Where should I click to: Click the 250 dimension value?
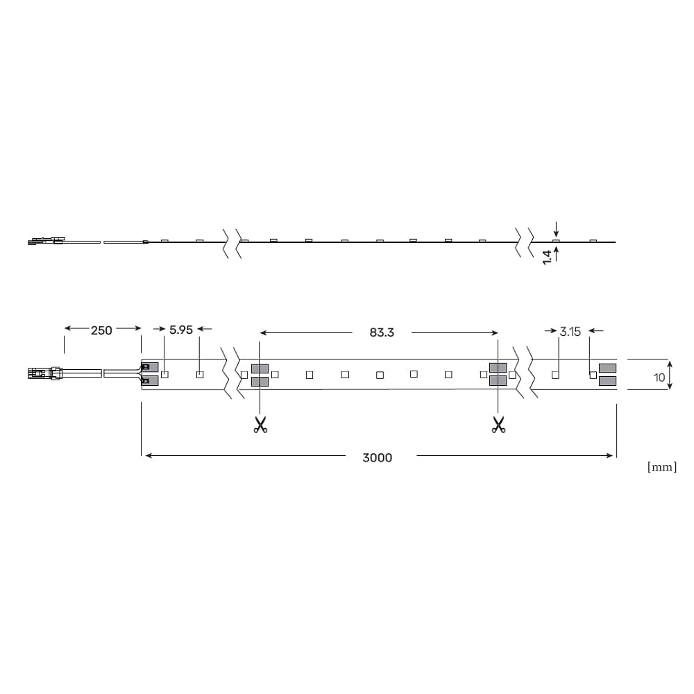(x=101, y=330)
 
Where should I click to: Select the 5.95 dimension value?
(x=181, y=330)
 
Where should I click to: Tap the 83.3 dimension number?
(x=382, y=332)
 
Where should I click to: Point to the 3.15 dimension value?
(x=570, y=332)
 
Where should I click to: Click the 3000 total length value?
(x=377, y=457)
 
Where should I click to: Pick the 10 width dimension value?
(x=659, y=378)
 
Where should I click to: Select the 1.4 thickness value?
(x=548, y=257)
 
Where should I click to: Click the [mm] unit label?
(x=662, y=467)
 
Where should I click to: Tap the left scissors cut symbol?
(x=260, y=425)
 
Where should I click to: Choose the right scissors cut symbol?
(x=498, y=425)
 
